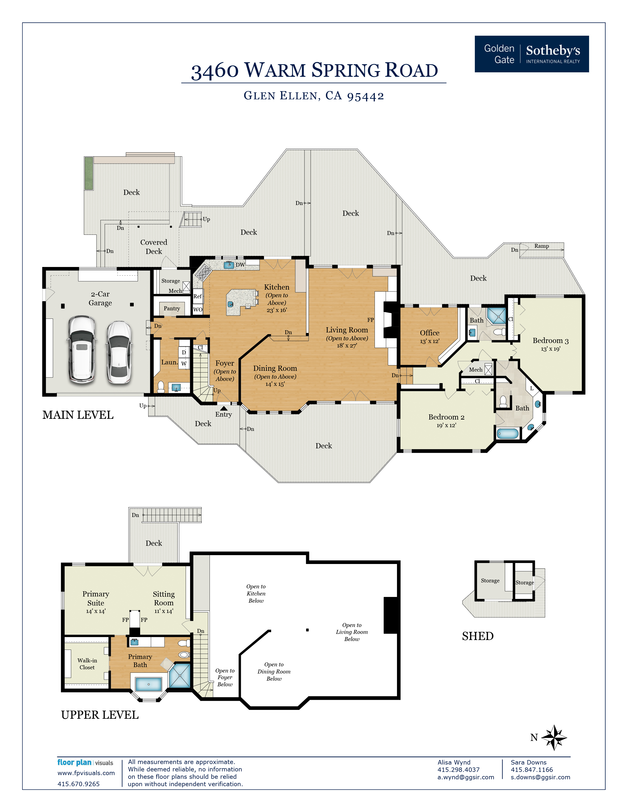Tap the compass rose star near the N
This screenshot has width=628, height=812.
pyautogui.click(x=554, y=737)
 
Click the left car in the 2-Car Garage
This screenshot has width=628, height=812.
pyautogui.click(x=82, y=349)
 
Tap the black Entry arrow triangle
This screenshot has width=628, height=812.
pyautogui.click(x=224, y=408)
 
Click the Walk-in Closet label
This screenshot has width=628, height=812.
pyautogui.click(x=87, y=664)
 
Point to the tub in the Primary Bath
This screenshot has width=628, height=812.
pyautogui.click(x=149, y=684)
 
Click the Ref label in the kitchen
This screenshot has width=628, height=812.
pyautogui.click(x=197, y=296)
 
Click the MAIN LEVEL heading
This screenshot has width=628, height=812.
pyautogui.click(x=78, y=415)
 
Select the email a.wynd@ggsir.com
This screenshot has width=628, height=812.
pyautogui.click(x=465, y=777)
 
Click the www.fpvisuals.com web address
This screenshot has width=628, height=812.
pyautogui.click(x=86, y=773)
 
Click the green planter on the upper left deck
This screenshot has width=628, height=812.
pyautogui.click(x=89, y=173)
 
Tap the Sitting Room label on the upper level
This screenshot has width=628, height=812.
pyautogui.click(x=164, y=598)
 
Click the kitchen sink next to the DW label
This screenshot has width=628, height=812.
pyautogui.click(x=229, y=265)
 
